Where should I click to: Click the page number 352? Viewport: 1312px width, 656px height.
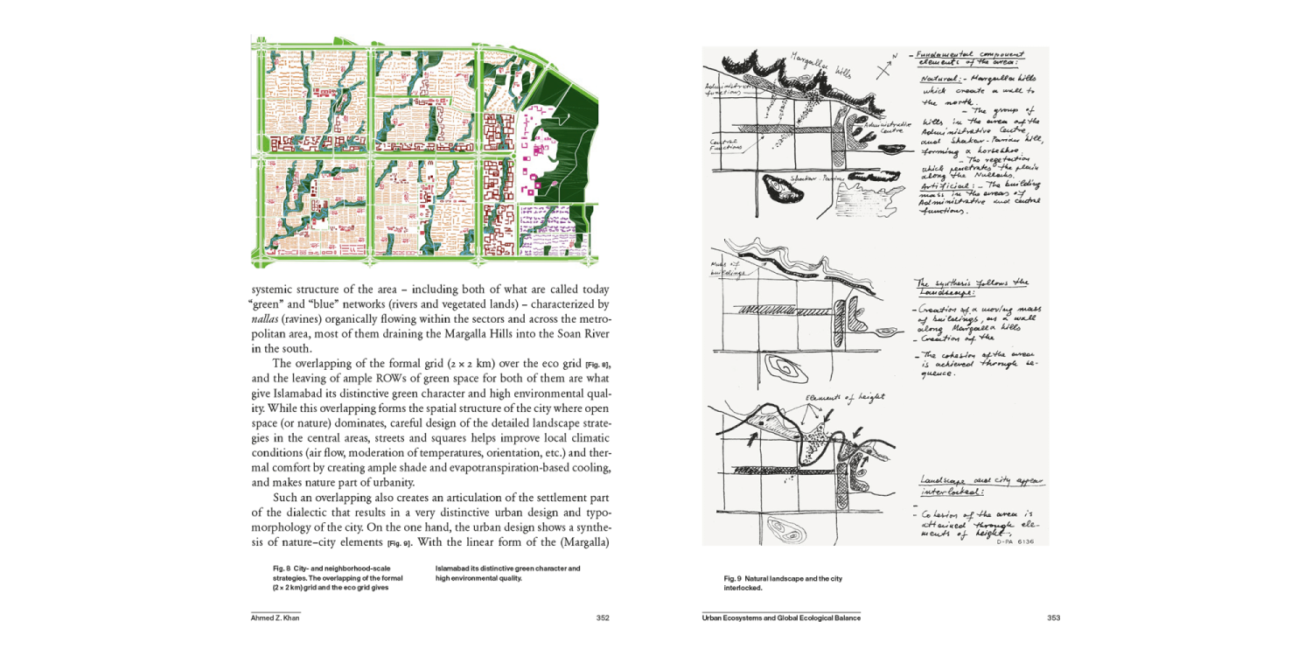(603, 618)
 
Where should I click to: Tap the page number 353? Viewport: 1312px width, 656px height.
(1054, 618)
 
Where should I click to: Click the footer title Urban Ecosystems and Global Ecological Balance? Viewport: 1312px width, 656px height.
(781, 618)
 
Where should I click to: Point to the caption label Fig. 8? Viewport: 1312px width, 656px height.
(282, 569)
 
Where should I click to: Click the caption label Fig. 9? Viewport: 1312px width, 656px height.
(733, 579)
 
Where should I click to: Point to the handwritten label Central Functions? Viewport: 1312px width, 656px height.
(723, 144)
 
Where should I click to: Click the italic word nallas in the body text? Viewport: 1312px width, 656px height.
(265, 320)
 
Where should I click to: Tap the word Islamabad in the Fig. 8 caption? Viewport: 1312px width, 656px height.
(456, 569)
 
